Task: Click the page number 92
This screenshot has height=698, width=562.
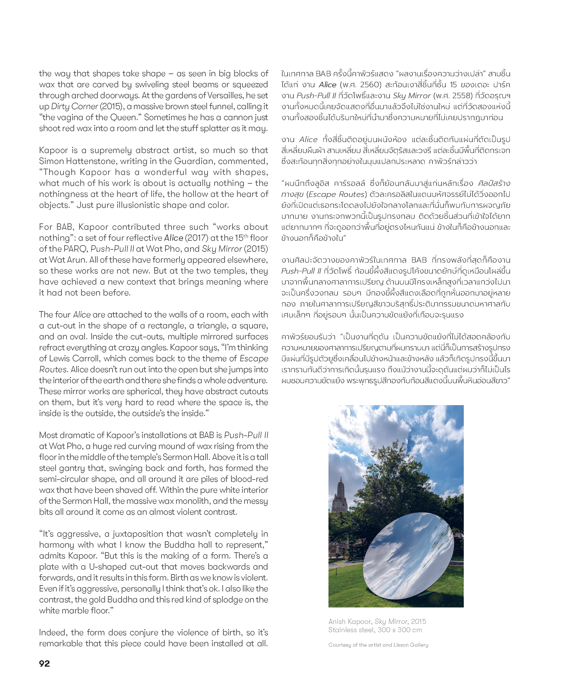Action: click(44, 663)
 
